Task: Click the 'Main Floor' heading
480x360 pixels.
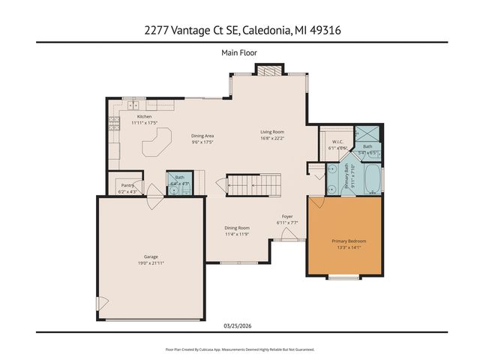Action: (239, 52)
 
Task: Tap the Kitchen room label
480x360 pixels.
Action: (144, 117)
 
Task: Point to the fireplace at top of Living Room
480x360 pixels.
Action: (268, 70)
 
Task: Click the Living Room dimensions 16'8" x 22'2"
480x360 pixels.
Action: (271, 138)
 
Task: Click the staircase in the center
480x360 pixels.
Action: (253, 184)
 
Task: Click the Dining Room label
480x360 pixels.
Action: (236, 229)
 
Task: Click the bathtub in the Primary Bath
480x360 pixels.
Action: (371, 177)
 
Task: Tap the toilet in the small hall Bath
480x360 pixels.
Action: (174, 190)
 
